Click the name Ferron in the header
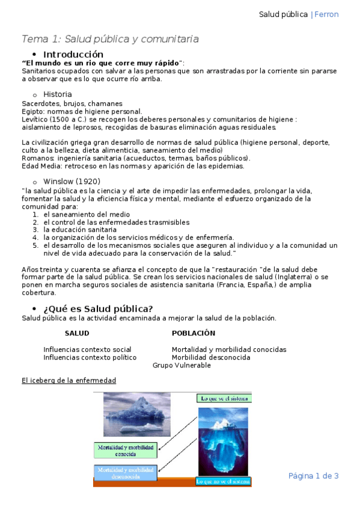(327, 14)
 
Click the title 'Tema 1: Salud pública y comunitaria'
(110, 39)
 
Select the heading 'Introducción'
(77, 54)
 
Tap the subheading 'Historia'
(58, 94)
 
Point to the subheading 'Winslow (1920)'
(72, 181)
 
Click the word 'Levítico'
(34, 119)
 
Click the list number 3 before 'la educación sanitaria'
(36, 230)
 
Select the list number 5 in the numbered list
(36, 245)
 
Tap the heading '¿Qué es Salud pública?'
(98, 309)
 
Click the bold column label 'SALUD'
(77, 333)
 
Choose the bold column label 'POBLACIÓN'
(194, 333)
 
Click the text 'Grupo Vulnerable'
(182, 365)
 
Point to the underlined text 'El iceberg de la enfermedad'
(69, 381)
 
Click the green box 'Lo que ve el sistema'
(224, 398)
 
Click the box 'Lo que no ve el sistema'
(224, 482)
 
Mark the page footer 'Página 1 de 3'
(314, 476)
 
